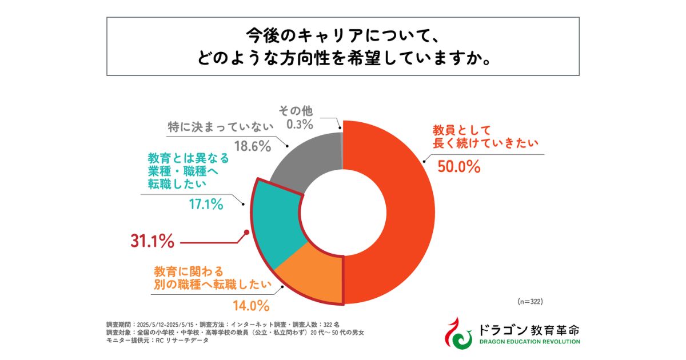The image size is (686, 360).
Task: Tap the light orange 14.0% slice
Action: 312,274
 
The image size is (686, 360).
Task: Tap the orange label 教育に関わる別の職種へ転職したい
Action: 212,277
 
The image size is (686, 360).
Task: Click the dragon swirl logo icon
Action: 457,333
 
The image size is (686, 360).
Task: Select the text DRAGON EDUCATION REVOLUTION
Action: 525,342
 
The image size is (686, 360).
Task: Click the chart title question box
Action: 342,46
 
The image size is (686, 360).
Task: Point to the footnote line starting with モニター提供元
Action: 157,341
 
